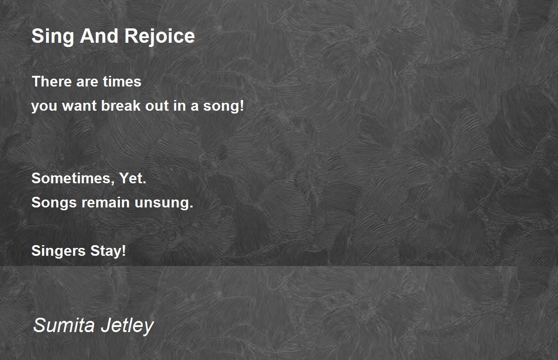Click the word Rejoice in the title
click(x=159, y=37)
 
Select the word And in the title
click(x=99, y=36)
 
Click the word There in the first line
click(x=52, y=81)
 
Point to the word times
click(x=122, y=81)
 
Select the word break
click(x=121, y=106)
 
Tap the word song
click(x=220, y=106)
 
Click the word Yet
click(x=133, y=178)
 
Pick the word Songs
click(x=54, y=203)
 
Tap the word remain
click(x=106, y=202)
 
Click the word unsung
click(x=164, y=203)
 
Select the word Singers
click(x=58, y=251)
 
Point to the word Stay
click(x=108, y=251)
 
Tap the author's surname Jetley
click(x=127, y=326)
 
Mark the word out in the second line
click(x=157, y=106)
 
